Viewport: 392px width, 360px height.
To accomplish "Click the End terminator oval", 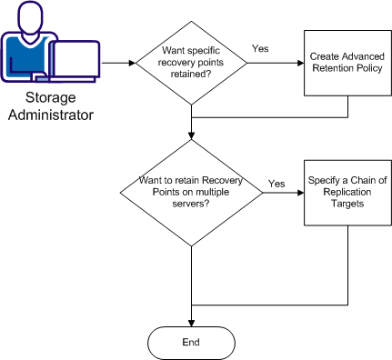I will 191,342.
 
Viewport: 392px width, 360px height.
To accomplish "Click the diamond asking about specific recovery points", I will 191,63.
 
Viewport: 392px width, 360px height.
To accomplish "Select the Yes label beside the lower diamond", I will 276,184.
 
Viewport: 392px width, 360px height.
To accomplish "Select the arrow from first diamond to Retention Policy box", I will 273,63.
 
